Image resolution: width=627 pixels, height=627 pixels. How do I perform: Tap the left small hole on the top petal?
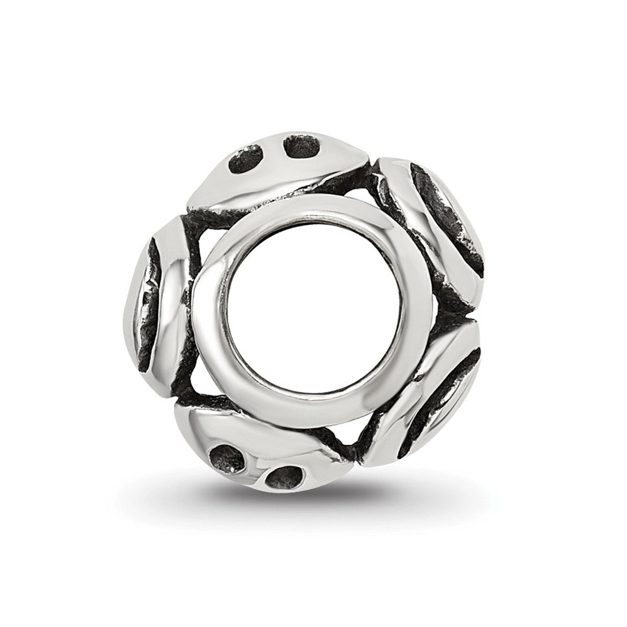pos(245,159)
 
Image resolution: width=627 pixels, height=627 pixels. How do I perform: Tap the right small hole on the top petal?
pos(302,146)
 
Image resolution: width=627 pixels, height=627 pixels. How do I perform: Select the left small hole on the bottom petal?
pos(226,460)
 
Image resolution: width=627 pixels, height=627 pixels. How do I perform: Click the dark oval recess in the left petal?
pos(145,307)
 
